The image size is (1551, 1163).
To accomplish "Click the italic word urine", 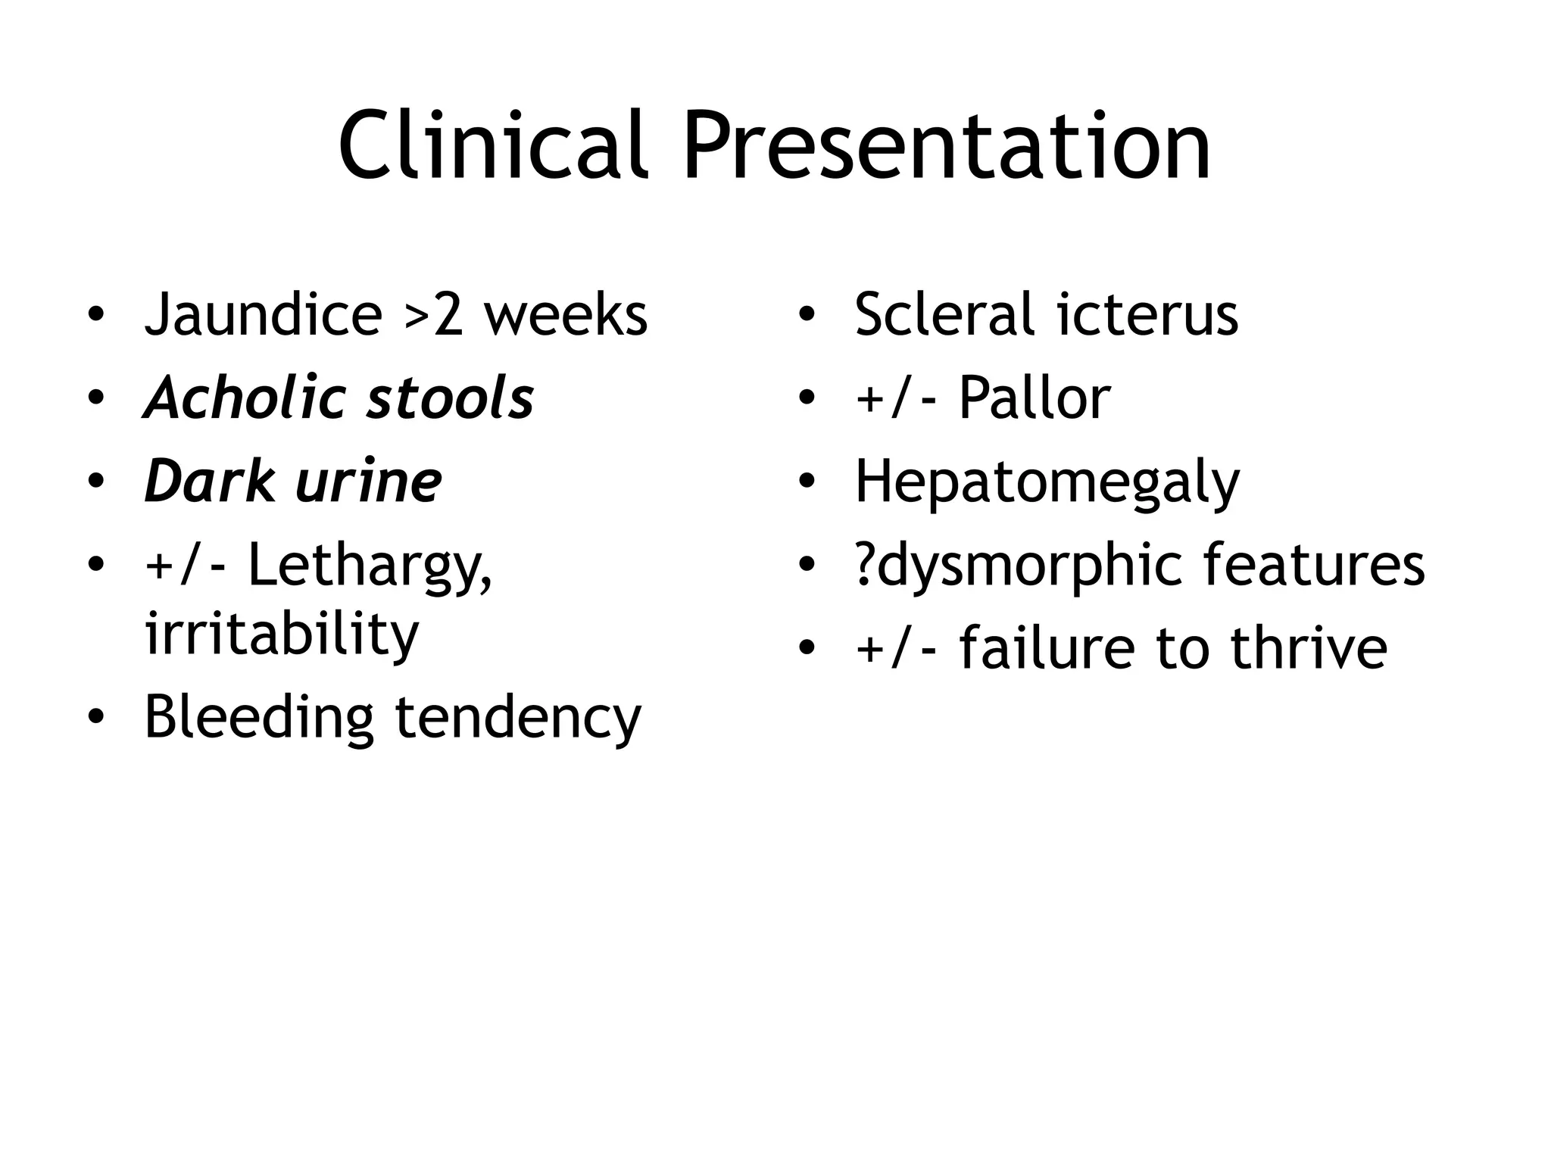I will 369,482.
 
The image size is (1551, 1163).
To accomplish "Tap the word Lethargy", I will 370,566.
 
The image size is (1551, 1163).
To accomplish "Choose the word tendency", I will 518,718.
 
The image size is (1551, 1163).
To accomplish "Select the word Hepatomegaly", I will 1047,483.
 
